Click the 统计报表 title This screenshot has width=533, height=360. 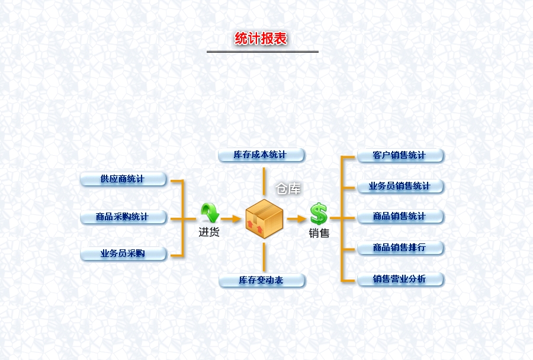(x=261, y=38)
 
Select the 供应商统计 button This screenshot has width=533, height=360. (x=123, y=179)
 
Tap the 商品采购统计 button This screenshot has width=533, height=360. (x=123, y=217)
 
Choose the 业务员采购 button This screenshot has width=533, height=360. (x=123, y=254)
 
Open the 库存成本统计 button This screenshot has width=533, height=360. (x=261, y=155)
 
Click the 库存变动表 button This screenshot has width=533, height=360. (x=261, y=280)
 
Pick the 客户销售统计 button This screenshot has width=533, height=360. (x=400, y=156)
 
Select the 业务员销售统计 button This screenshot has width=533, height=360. (x=400, y=186)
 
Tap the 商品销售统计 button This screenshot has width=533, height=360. (x=400, y=217)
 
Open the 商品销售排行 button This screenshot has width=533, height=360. (x=400, y=247)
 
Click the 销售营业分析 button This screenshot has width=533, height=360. (x=400, y=279)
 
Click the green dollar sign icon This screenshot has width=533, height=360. (x=319, y=214)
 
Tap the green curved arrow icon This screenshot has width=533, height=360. (x=209, y=213)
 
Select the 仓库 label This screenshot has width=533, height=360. (x=288, y=189)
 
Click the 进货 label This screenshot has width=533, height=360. (x=209, y=232)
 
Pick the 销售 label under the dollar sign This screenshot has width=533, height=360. (x=319, y=233)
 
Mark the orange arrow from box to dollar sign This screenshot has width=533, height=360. (x=297, y=219)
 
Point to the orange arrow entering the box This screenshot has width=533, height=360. (x=232, y=219)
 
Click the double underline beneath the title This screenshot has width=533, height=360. (x=262, y=52)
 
